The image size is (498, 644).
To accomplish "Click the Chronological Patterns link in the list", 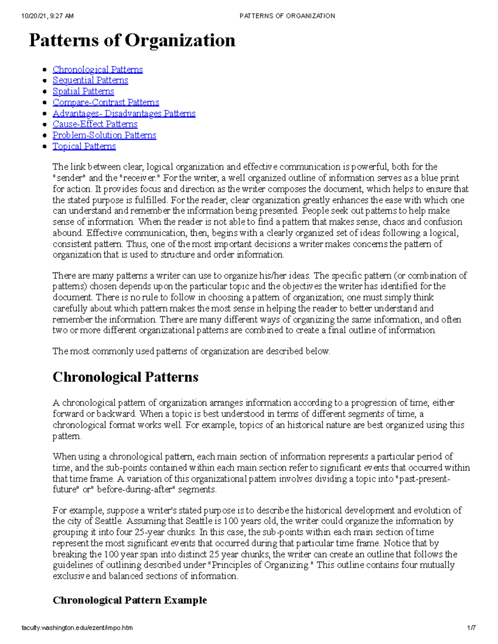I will tap(98, 70).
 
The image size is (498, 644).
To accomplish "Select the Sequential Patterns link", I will tap(90, 80).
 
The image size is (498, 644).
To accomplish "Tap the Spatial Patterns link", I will tap(83, 92).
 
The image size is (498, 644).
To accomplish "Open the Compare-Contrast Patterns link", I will tap(106, 102).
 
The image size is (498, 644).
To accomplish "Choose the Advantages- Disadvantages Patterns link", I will tap(124, 114).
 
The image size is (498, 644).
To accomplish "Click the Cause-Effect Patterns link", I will tap(95, 124).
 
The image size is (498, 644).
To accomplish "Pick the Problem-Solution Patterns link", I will tap(104, 135).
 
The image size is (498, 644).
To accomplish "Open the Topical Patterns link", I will tap(84, 146).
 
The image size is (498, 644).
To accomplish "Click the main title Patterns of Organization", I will tap(132, 41).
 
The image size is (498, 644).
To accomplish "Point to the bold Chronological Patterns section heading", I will tap(125, 377).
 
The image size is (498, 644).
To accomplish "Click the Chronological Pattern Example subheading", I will tap(129, 600).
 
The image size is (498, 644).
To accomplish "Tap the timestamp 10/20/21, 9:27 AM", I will tap(47, 16).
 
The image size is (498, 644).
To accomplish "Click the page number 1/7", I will tap(471, 628).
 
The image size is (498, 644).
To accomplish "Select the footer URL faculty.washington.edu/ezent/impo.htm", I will tap(77, 628).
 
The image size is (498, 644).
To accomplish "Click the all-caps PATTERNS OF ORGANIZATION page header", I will tap(287, 16).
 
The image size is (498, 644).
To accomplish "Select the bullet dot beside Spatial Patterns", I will tap(45, 92).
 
